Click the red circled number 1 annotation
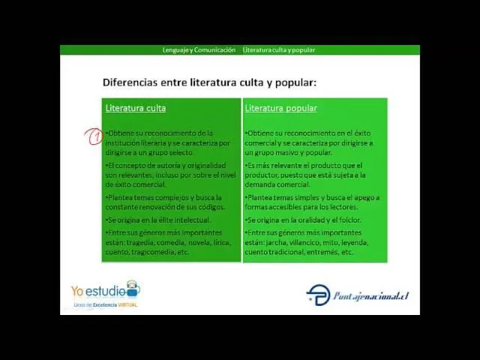[x=94, y=136]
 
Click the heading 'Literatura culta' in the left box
[x=136, y=108]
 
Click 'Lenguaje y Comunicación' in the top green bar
[x=199, y=49]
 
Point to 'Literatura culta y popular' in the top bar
[x=278, y=49]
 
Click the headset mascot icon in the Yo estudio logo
[x=132, y=289]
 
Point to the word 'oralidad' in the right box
[x=309, y=220]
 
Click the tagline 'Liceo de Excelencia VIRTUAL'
[x=105, y=305]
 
